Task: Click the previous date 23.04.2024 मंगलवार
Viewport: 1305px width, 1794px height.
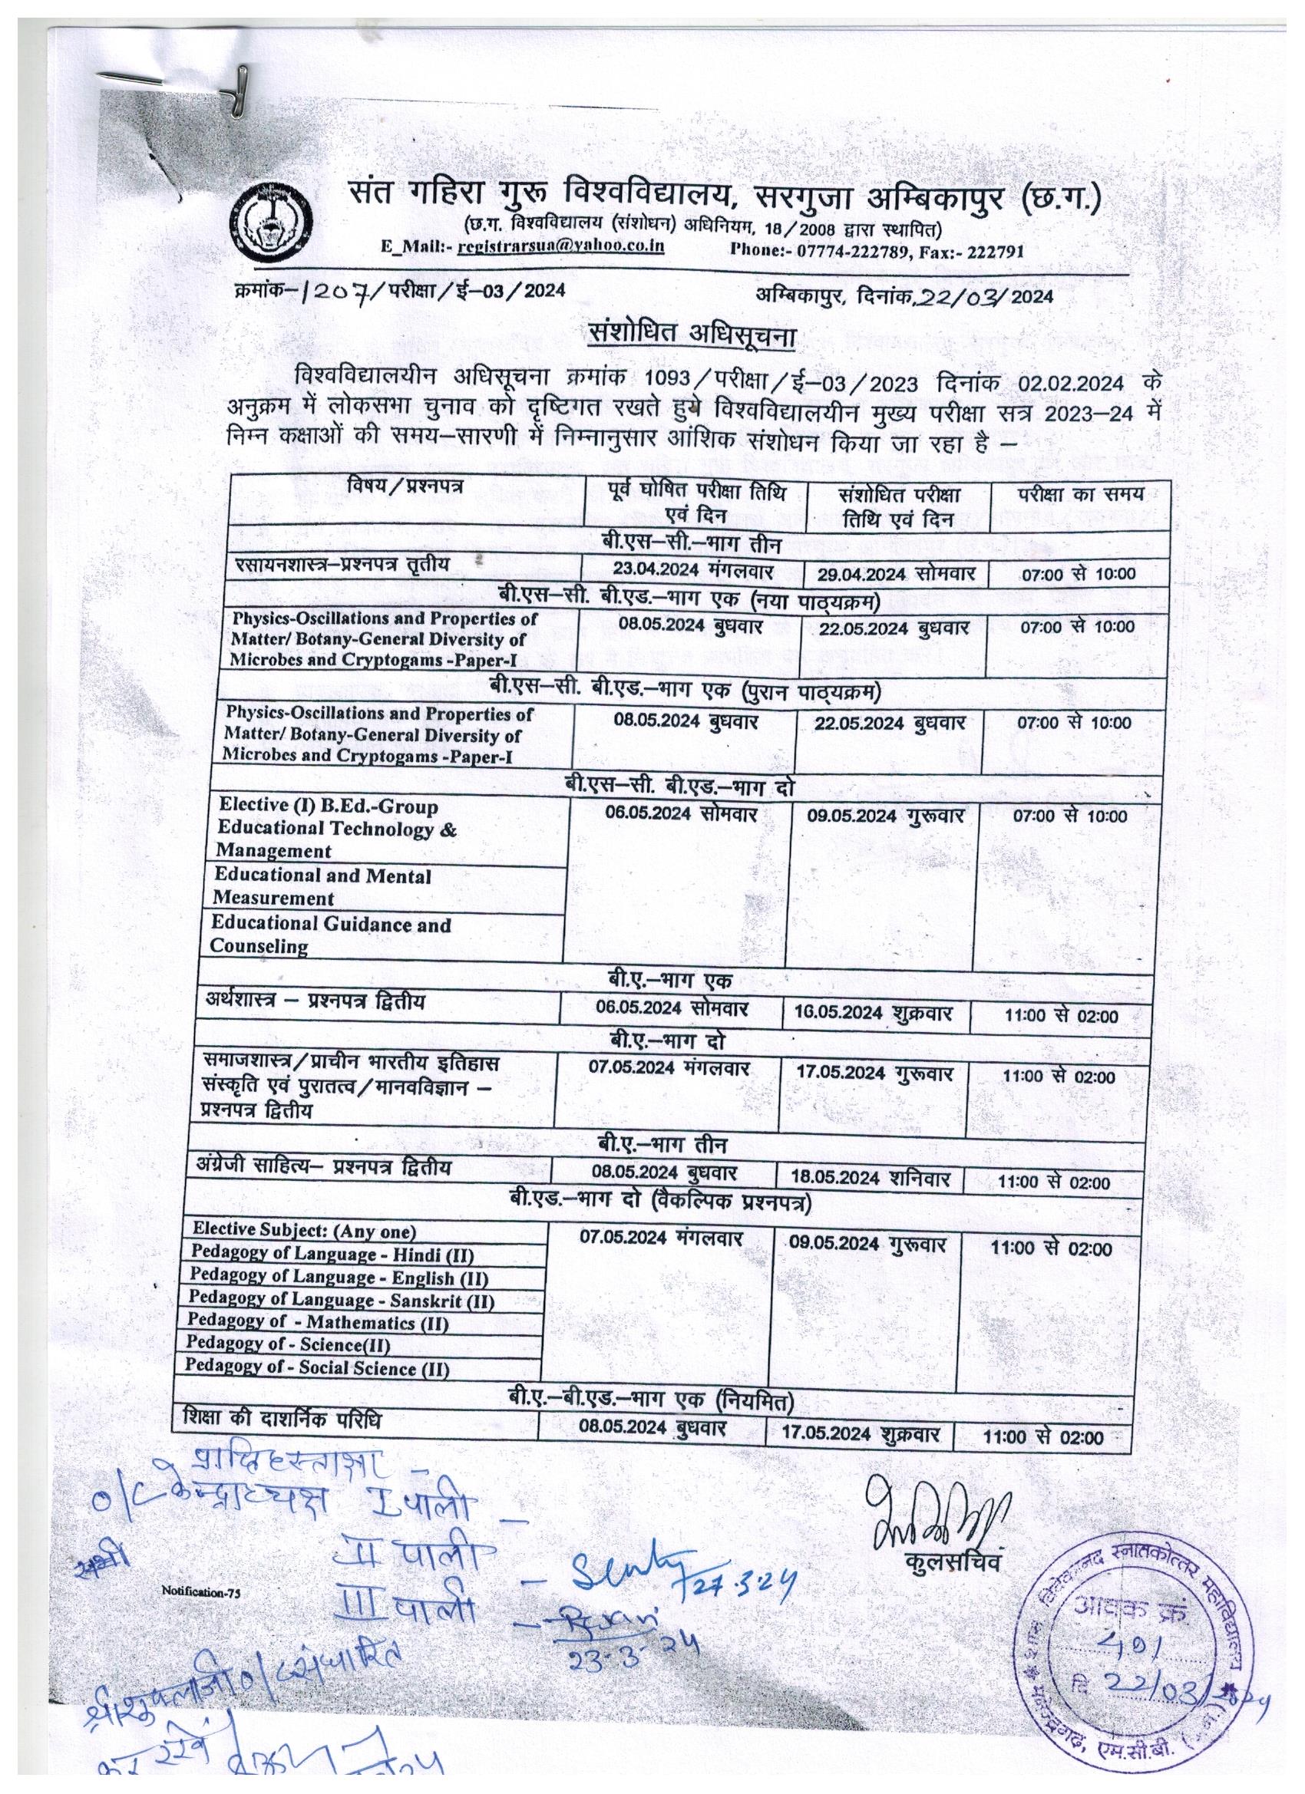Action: pos(694,571)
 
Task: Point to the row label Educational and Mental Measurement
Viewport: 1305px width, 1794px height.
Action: pos(322,886)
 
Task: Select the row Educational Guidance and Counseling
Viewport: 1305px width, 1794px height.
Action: pos(330,934)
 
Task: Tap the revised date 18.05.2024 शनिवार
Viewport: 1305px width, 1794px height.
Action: pos(873,1178)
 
